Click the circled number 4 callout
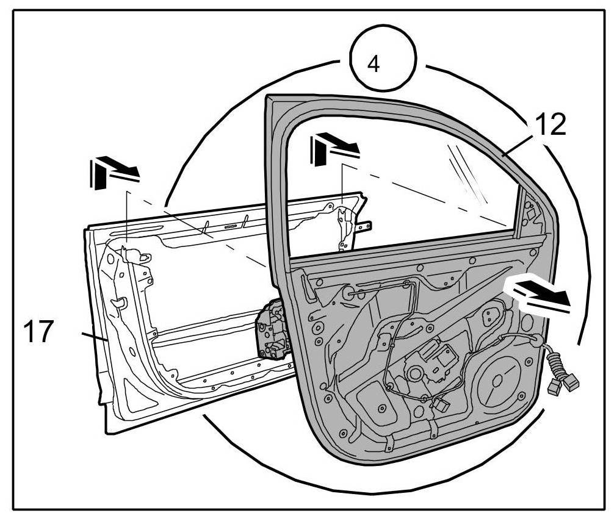[383, 63]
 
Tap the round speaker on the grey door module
[499, 381]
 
